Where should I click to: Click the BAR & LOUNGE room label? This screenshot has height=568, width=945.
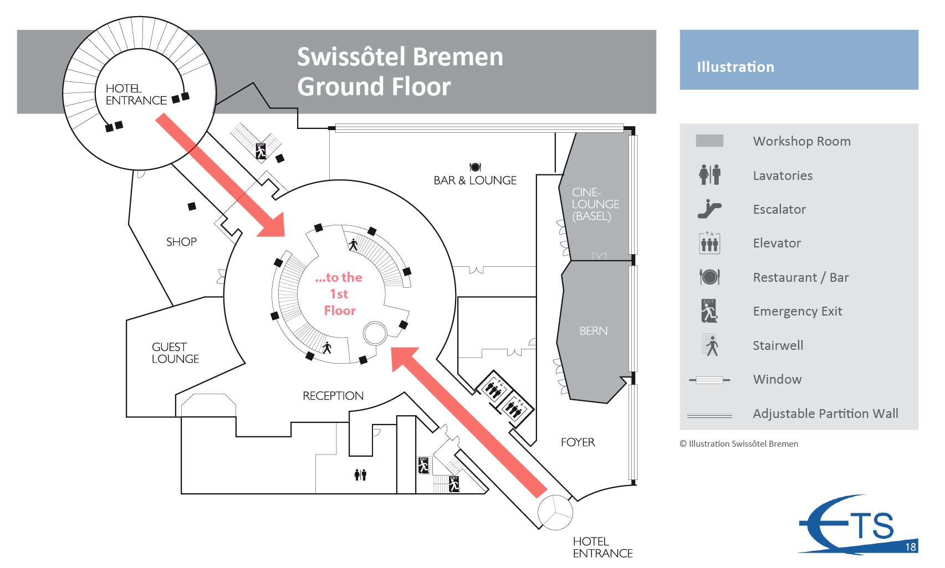[475, 180]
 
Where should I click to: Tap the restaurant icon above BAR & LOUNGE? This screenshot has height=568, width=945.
[475, 167]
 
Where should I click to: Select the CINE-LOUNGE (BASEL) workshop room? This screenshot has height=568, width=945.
[595, 204]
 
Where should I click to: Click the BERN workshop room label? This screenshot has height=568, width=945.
[594, 331]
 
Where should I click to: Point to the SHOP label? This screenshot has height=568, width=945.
[181, 242]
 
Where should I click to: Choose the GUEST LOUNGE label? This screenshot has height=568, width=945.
[175, 353]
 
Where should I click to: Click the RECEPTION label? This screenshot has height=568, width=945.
[333, 396]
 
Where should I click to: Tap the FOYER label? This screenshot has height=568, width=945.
[578, 442]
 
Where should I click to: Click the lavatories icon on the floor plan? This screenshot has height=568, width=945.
[360, 474]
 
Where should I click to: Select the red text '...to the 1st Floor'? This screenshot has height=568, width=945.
[339, 294]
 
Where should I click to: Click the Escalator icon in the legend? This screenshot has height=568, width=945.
[709, 209]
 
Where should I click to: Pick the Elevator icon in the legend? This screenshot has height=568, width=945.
[709, 243]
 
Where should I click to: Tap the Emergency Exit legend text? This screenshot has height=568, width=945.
[797, 311]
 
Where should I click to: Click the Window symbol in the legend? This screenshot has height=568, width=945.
[709, 380]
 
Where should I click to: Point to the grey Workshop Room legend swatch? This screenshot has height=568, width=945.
[709, 141]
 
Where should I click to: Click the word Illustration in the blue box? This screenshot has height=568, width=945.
[735, 67]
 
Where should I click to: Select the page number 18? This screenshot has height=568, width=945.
[910, 547]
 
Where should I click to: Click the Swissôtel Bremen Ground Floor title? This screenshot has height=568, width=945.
[400, 71]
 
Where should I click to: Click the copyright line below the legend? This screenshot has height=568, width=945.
[739, 444]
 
